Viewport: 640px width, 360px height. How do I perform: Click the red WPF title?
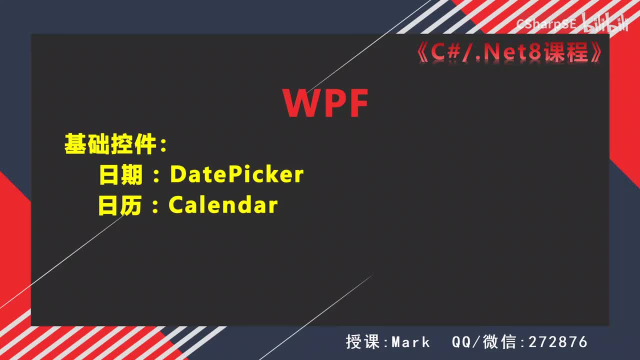325,103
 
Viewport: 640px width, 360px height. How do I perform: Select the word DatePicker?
236,174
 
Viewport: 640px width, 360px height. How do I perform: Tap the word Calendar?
223,205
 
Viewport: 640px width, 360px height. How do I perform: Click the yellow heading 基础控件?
110,144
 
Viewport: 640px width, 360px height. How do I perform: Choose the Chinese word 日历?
121,205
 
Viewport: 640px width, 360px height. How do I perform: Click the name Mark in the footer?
410,342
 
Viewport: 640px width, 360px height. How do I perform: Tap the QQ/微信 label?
484,342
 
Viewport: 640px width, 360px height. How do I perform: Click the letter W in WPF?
301,103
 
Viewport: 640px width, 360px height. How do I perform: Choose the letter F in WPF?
357,103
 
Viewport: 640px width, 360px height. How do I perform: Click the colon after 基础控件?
162,145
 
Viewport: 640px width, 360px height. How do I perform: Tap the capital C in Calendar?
175,205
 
